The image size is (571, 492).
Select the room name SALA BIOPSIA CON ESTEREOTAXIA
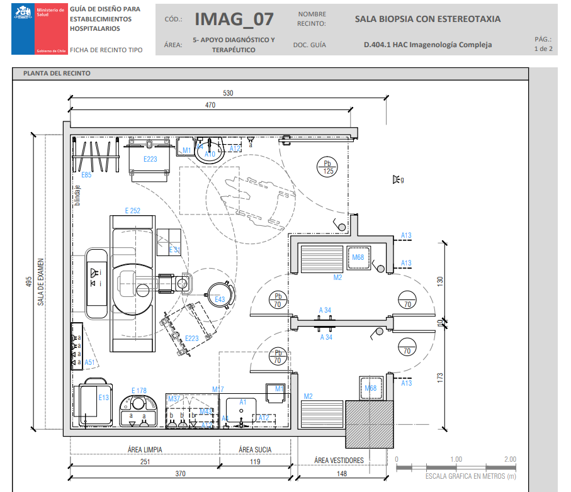(427, 19)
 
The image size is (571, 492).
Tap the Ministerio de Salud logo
(38, 29)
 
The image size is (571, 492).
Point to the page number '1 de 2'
(543, 48)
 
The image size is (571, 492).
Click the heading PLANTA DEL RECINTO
(57, 74)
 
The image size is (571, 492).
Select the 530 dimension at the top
(228, 93)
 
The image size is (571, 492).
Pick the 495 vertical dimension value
(28, 282)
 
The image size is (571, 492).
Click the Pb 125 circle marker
(327, 167)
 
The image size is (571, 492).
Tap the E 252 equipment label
(132, 211)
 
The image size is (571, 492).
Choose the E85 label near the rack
(87, 175)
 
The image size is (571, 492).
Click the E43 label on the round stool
(220, 299)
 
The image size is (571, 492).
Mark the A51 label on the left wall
(90, 362)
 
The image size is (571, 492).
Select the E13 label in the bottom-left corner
(104, 398)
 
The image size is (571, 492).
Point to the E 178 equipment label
(139, 391)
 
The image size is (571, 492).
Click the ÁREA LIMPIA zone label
(144, 450)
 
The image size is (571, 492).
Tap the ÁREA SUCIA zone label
(254, 450)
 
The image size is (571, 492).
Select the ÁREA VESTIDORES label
(339, 461)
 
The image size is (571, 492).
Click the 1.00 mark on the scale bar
(456, 459)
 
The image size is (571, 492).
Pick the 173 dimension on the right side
(440, 377)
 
